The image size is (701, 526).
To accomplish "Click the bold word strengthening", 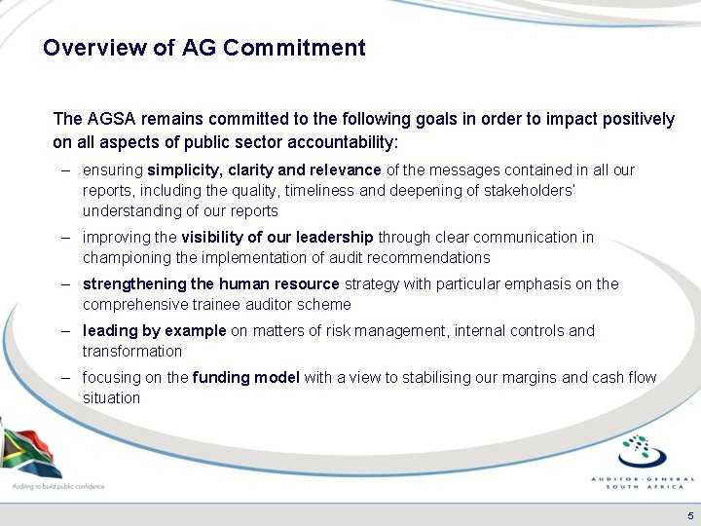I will [134, 283].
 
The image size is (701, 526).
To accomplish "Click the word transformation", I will [131, 351].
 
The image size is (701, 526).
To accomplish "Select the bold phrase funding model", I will [246, 377].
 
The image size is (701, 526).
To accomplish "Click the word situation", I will [111, 397].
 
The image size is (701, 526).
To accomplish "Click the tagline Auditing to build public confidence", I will [57, 486].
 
